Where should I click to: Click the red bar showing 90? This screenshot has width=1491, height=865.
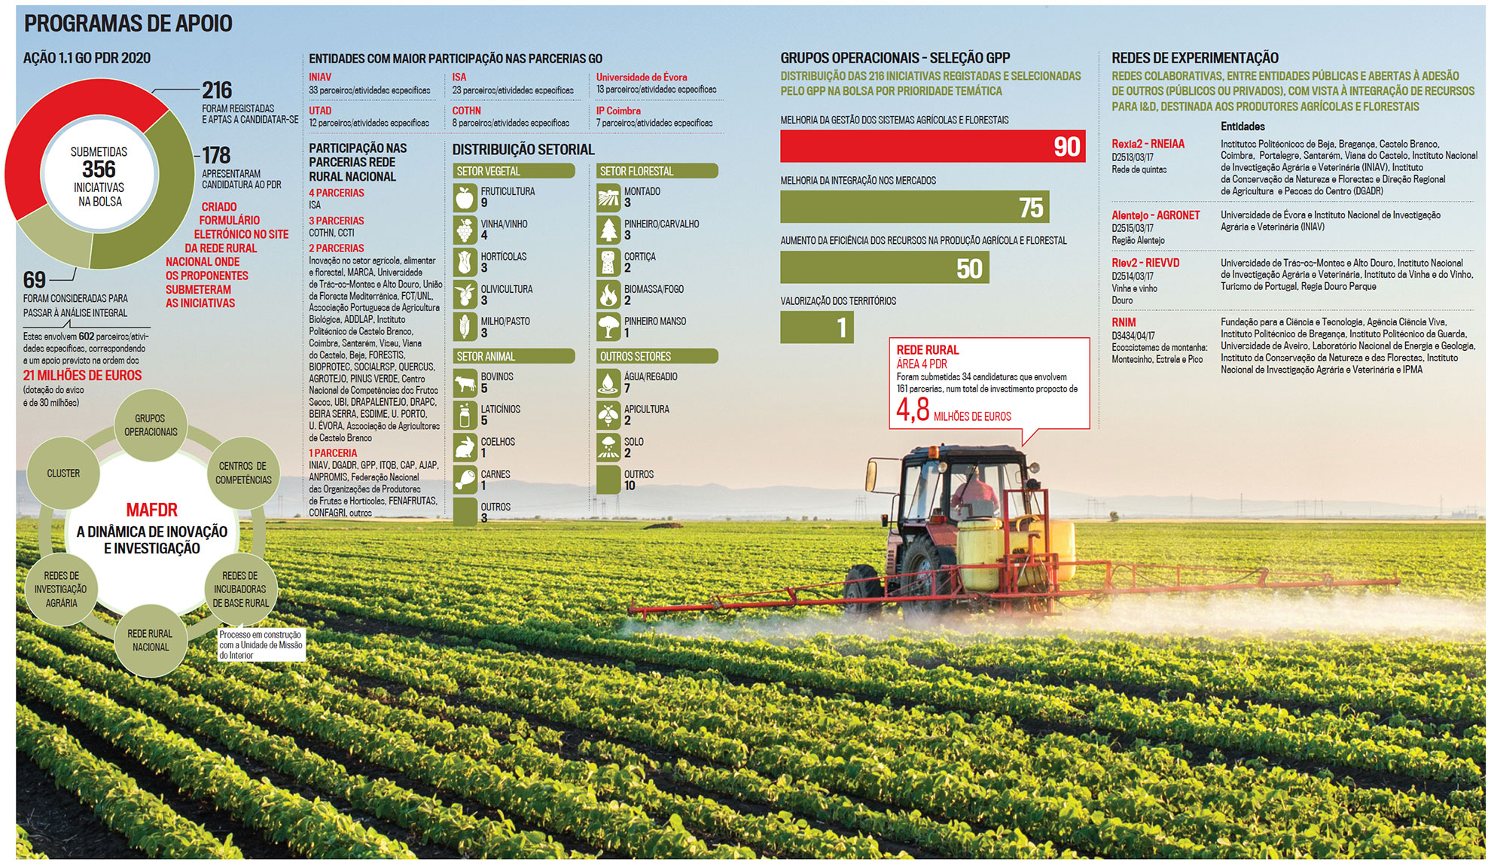click(x=932, y=146)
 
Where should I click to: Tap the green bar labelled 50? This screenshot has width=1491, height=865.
click(x=884, y=267)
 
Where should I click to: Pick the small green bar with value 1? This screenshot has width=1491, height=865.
click(x=816, y=327)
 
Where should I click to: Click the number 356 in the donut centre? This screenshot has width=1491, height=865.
click(x=99, y=169)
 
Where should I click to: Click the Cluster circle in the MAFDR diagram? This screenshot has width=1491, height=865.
click(x=63, y=474)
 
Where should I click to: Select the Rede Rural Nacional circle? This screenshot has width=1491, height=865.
click(x=150, y=641)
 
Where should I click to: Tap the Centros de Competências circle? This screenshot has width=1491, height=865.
click(x=242, y=473)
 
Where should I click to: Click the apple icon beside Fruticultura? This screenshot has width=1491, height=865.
click(x=465, y=197)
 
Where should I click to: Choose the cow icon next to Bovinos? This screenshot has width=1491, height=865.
click(x=465, y=382)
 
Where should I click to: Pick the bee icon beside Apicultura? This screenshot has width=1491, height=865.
click(x=608, y=415)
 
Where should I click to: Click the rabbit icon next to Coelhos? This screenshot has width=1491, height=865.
click(x=465, y=447)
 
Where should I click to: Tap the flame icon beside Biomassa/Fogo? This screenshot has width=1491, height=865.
click(x=608, y=294)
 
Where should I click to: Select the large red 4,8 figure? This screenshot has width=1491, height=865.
click(x=913, y=410)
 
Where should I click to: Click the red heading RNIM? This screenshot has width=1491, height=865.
click(x=1124, y=322)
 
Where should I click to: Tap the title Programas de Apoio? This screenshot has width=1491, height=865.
click(x=128, y=24)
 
